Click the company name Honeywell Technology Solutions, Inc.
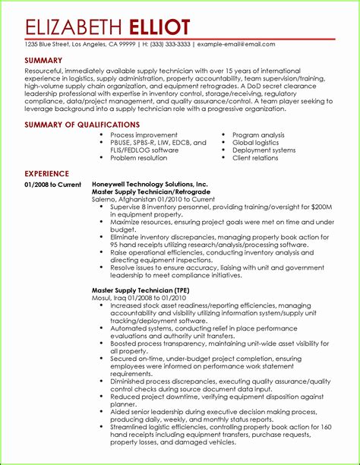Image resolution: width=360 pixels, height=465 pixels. pyautogui.click(x=150, y=185)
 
